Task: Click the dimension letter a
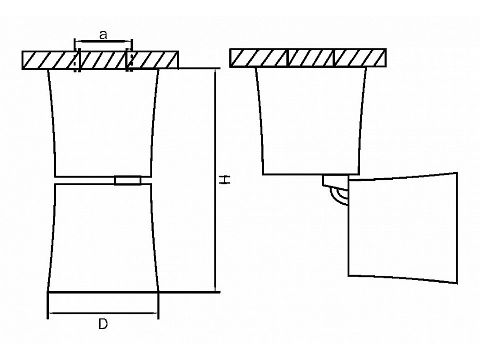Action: [103, 35]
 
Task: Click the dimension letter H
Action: [226, 180]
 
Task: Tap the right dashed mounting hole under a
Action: [129, 60]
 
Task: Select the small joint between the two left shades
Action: [127, 180]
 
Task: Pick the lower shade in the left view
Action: [103, 237]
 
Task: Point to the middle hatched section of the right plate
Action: [311, 58]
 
